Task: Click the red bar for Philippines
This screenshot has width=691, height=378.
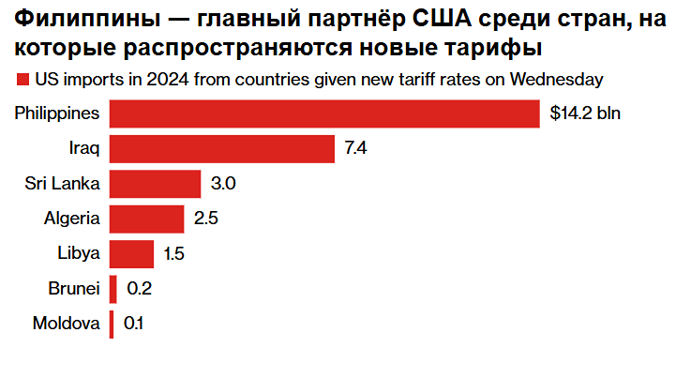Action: [x=324, y=113]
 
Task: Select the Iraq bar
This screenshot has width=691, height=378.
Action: [x=222, y=148]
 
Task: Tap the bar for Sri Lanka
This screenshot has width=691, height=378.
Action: [x=156, y=184]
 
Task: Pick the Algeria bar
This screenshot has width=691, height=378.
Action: [x=147, y=219]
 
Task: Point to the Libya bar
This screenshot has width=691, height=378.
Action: [x=131, y=253]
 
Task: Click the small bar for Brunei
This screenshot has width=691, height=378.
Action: [x=113, y=288]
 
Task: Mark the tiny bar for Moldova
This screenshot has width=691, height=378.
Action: [x=112, y=324]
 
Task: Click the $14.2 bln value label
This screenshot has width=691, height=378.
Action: [x=586, y=113]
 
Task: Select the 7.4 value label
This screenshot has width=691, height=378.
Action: [x=355, y=148]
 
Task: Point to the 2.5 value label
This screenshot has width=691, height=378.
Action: [x=205, y=219]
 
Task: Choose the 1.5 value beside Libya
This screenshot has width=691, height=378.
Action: [x=174, y=253]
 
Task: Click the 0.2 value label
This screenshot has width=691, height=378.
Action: [x=139, y=288]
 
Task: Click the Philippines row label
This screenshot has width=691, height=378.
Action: [x=57, y=113]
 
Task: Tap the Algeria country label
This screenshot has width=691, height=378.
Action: [x=72, y=219]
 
